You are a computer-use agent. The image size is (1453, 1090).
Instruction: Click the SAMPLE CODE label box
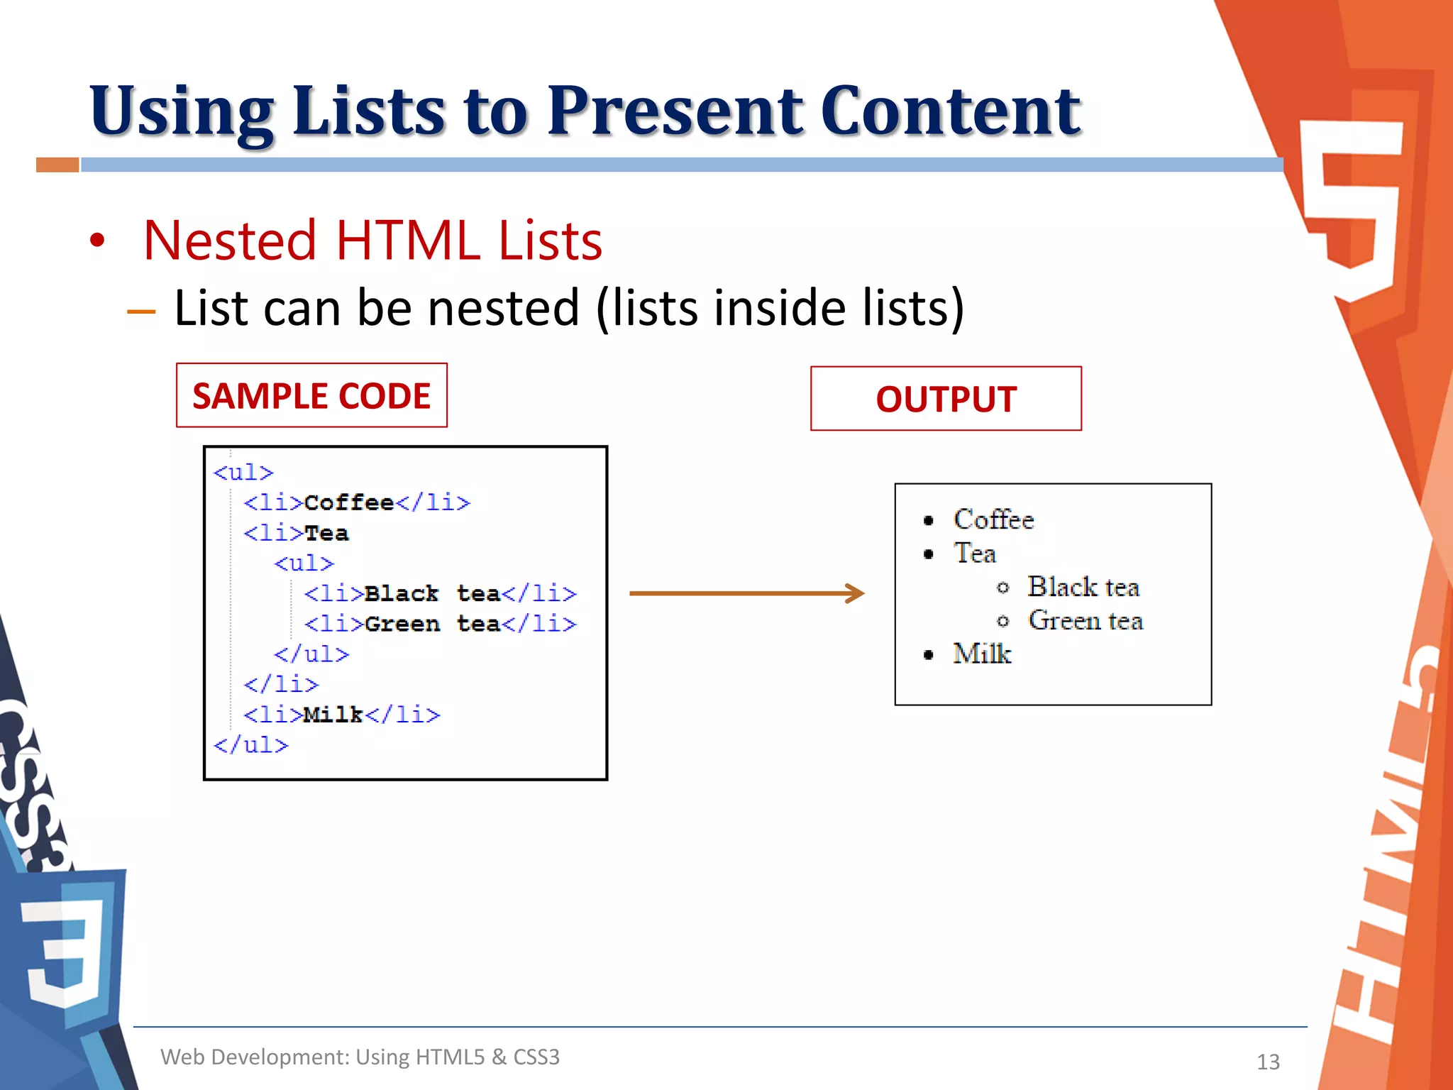311,396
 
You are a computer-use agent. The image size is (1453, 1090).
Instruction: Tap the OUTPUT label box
946,399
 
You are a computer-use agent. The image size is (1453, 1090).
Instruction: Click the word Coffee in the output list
993,519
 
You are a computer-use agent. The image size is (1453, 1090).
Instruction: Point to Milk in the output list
982,654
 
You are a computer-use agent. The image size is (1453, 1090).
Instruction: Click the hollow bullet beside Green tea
1002,622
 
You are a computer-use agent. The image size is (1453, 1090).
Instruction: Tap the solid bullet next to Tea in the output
929,554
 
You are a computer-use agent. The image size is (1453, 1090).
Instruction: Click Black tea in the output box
1083,587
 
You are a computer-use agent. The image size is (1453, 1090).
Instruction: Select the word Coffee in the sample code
348,502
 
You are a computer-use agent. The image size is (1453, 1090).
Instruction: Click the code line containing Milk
341,715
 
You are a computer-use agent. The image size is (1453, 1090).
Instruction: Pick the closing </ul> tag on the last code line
251,745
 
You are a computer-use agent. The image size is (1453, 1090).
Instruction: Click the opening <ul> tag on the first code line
243,473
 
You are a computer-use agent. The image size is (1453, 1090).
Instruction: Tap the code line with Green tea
440,624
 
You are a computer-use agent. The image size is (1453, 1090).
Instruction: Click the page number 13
1268,1062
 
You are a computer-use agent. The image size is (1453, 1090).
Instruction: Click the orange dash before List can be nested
141,312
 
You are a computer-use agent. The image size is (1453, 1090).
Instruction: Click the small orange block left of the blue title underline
57,165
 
